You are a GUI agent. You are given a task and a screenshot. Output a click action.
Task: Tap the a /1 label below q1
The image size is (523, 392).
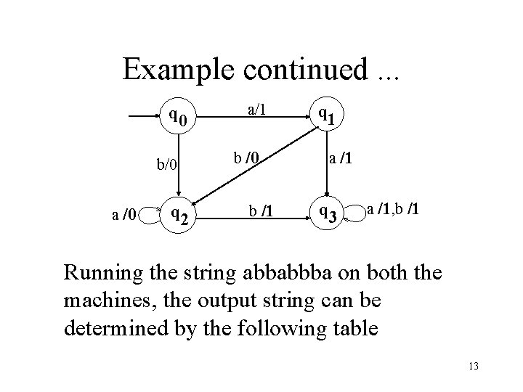(340, 158)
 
